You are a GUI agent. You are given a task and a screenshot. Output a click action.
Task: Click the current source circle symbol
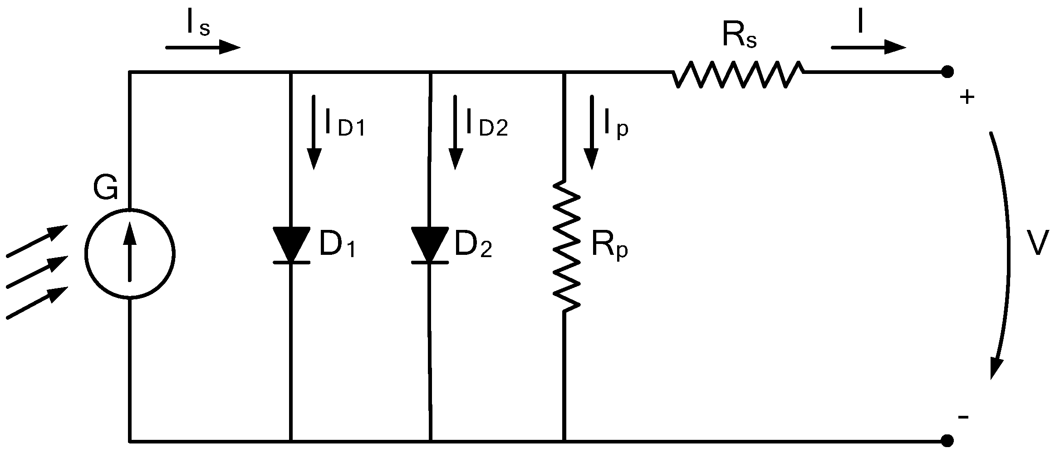130,254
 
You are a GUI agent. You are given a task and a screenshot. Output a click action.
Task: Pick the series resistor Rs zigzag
738,74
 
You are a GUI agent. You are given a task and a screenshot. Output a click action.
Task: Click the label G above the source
106,188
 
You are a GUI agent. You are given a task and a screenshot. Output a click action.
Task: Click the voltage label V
1037,244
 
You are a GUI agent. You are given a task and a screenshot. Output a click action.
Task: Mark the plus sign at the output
967,97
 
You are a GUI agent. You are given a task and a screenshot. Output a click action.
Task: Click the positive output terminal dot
947,72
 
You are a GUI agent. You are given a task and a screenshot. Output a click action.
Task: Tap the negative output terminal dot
947,440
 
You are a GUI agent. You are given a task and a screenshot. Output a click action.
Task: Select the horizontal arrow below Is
202,47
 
